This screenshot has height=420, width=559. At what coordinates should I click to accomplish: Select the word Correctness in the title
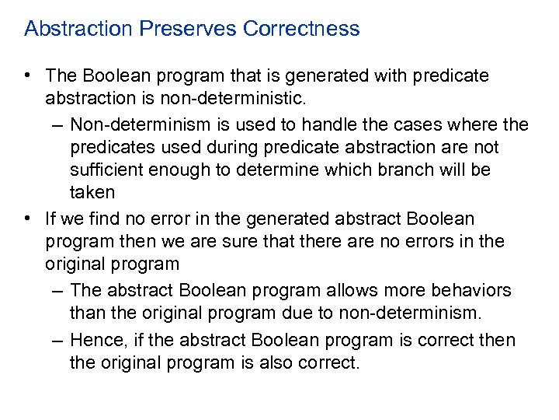point(301,29)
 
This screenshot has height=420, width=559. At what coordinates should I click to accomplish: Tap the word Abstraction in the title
point(79,29)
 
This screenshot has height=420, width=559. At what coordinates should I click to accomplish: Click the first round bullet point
point(27,76)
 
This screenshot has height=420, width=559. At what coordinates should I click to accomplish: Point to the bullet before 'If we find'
point(27,219)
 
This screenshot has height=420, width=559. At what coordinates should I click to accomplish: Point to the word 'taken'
point(92,193)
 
